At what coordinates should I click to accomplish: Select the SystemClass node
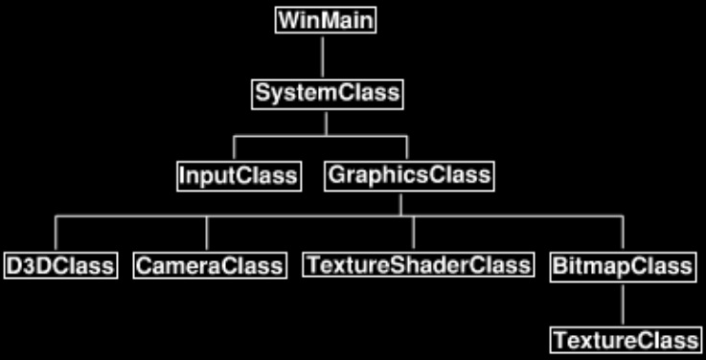pos(326,95)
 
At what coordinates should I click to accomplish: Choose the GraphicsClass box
pos(409,175)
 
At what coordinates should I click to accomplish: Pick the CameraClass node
pos(209,264)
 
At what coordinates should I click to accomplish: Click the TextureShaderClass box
pos(417,264)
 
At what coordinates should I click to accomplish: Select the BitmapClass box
pos(622,264)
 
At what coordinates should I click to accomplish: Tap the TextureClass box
pos(624,340)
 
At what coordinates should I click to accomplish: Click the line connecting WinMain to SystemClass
pos(323,57)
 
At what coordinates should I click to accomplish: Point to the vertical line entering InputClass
pos(235,148)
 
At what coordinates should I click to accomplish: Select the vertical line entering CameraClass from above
pos(207,235)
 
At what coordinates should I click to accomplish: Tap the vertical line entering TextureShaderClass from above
pos(414,235)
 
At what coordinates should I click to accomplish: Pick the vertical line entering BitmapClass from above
pos(623,235)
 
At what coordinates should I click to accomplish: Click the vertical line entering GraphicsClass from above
pos(407,148)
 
